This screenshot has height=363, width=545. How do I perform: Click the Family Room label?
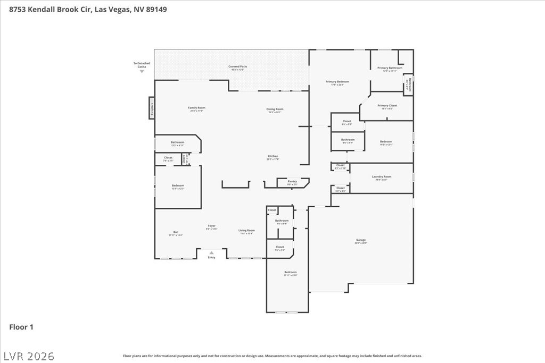tap(196, 108)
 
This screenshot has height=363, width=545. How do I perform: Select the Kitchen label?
tap(272, 156)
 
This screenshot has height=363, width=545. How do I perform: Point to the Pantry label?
tap(292, 182)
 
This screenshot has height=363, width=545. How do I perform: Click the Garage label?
tap(361, 240)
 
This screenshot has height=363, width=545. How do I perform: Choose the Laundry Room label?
tap(381, 177)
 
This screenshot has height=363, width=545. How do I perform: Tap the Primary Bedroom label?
tap(337, 82)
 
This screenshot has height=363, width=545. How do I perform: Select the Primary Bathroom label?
tap(390, 68)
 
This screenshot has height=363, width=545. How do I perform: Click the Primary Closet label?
tap(387, 106)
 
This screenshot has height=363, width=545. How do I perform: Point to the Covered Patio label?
tap(238, 67)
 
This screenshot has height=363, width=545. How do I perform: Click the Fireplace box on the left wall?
tap(152, 108)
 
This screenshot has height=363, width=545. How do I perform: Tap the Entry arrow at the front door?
tap(211, 253)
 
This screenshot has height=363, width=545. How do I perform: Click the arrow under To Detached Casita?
tap(142, 71)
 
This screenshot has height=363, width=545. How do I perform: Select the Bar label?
tap(176, 232)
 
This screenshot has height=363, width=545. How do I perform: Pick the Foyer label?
tap(212, 226)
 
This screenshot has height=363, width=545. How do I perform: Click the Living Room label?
tap(246, 231)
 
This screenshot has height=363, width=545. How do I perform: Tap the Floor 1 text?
tap(21, 327)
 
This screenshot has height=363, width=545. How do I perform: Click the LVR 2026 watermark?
tap(29, 355)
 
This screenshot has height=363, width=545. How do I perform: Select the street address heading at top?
tap(88, 9)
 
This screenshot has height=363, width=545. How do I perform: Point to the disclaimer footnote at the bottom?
tap(272, 356)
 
